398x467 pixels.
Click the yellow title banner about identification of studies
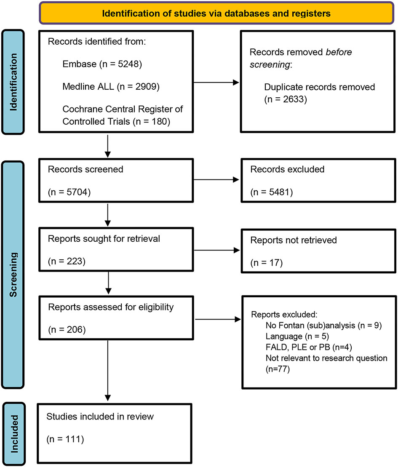click(x=216, y=13)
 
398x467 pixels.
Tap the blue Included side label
click(x=17, y=434)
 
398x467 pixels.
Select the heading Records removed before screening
click(x=300, y=59)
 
